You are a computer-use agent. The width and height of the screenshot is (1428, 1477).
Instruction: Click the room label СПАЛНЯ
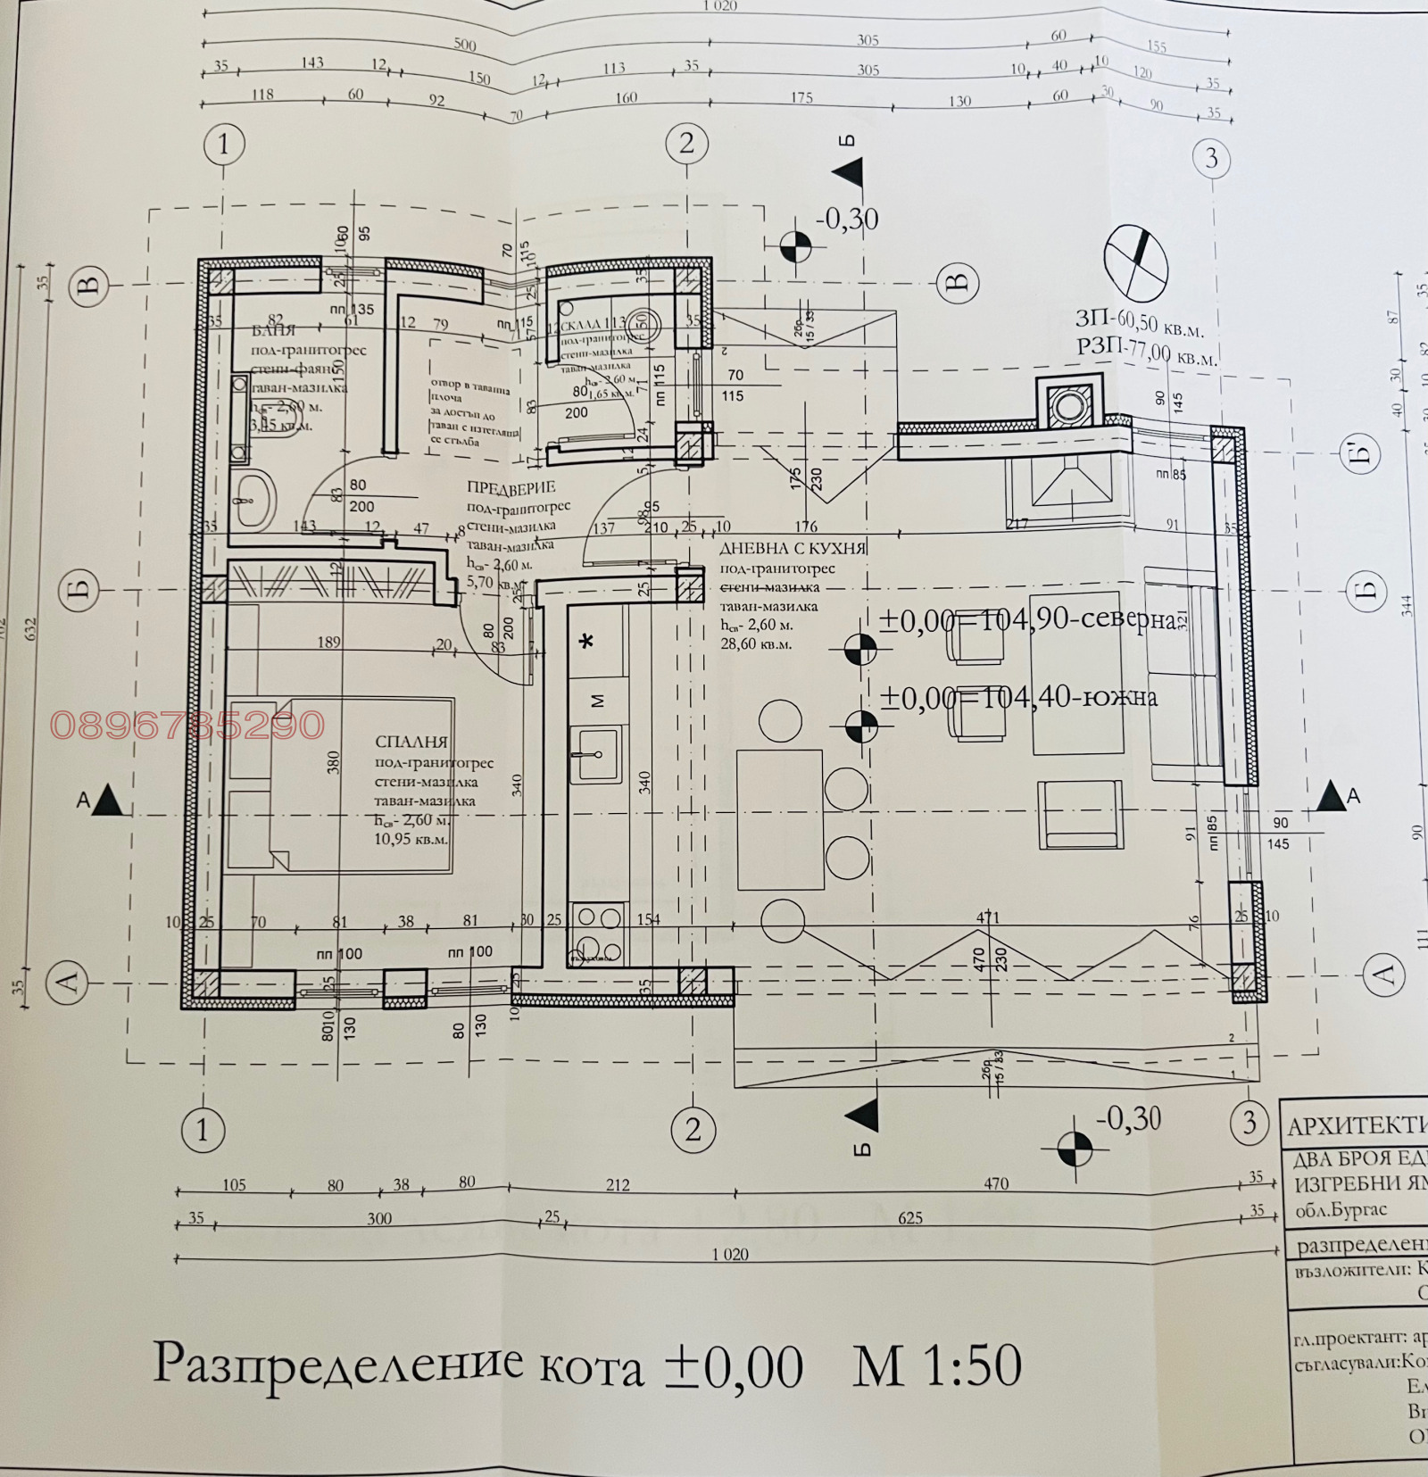point(411,742)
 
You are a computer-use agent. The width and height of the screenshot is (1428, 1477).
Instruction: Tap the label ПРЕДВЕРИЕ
point(511,487)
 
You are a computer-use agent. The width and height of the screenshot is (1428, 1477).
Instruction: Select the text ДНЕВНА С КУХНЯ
point(793,549)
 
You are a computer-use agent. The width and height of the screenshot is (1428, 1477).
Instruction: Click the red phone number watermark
point(187,725)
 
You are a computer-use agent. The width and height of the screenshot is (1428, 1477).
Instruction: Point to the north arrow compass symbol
point(1136,260)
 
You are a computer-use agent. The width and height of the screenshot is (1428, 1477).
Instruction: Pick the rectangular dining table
point(780,819)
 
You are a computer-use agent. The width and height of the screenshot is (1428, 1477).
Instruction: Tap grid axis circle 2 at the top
point(686,144)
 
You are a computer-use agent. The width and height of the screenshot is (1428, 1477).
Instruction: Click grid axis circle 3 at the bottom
point(1249,1122)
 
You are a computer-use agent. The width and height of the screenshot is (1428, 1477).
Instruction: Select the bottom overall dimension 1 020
point(730,1254)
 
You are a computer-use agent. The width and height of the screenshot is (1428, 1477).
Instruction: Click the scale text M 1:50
point(936,1365)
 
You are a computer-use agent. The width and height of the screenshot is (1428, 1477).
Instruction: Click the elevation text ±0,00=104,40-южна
point(1018,696)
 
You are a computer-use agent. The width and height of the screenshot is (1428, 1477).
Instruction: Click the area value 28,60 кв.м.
point(755,643)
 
